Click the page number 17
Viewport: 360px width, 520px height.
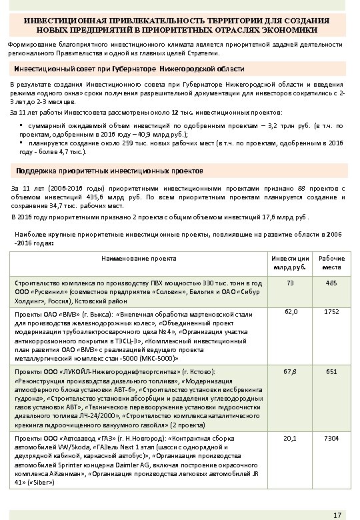point(337,513)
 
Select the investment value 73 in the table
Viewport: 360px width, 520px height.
point(289,283)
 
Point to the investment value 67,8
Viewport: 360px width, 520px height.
point(290,371)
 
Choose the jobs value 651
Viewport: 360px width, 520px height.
point(331,371)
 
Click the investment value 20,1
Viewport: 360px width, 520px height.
point(290,439)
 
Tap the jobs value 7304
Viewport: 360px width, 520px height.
point(331,439)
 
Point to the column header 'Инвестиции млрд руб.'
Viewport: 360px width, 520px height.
point(290,262)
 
